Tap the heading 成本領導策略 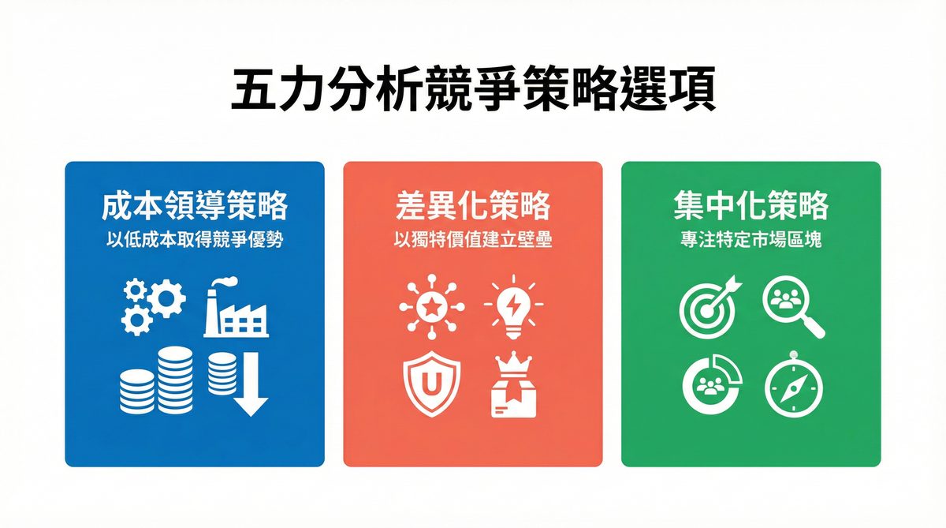195,207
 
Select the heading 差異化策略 473,207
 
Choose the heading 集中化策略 750,207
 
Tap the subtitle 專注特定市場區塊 750,239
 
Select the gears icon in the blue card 152,305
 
